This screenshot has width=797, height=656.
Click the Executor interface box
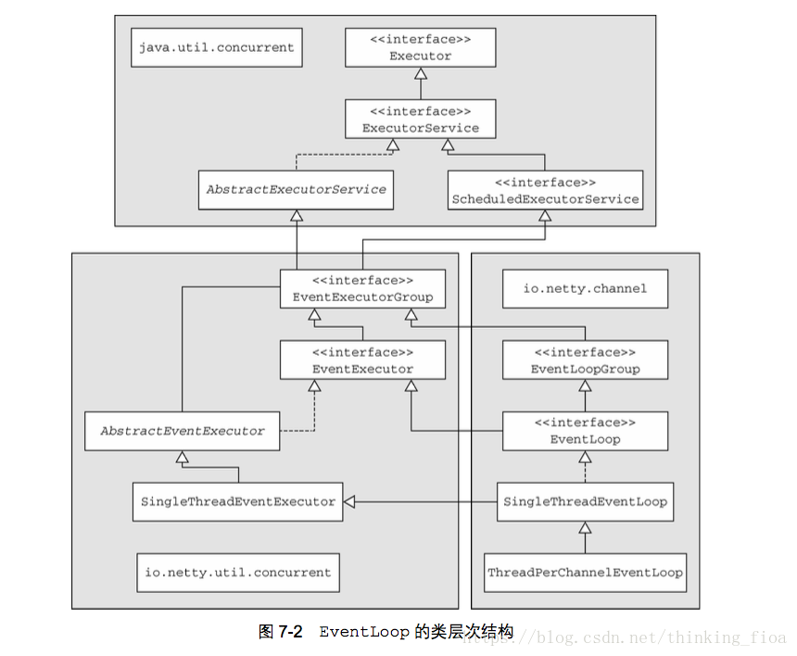tap(421, 48)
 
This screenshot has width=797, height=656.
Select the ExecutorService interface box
tap(421, 120)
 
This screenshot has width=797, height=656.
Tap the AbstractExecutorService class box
tap(296, 190)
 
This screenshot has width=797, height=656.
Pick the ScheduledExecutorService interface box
tap(545, 190)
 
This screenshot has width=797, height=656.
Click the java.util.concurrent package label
tap(217, 48)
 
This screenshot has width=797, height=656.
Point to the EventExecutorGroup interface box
tap(362, 288)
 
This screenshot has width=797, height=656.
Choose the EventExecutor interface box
tap(362, 360)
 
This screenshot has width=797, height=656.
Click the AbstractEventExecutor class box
tap(182, 431)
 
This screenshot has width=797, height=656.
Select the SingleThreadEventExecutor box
tap(238, 502)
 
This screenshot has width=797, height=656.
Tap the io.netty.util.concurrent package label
tap(238, 573)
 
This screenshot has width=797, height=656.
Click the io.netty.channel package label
tap(585, 288)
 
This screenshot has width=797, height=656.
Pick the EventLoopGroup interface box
tap(585, 360)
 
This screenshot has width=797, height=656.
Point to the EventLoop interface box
tap(585, 431)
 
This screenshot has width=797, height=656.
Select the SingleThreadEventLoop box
tap(585, 502)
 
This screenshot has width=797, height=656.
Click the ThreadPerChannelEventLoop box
tap(585, 573)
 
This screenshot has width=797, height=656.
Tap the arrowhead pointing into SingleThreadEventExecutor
tap(349, 502)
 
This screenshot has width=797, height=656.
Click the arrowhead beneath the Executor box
tap(421, 74)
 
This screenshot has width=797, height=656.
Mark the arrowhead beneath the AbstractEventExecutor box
tap(182, 457)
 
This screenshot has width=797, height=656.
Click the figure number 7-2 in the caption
tap(290, 632)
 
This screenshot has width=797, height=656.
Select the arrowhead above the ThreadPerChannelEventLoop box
tap(585, 527)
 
